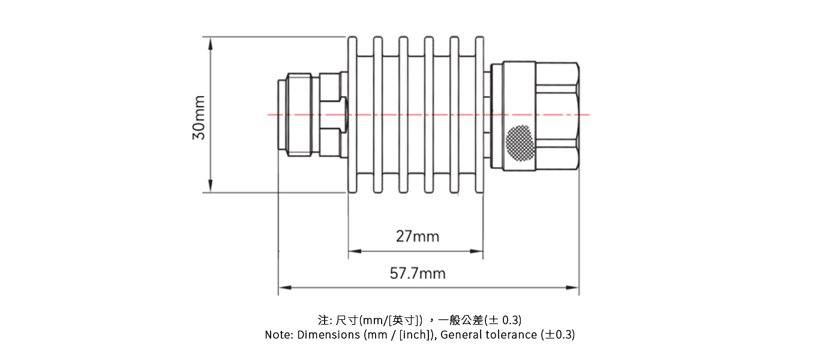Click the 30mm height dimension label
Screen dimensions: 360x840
point(199,118)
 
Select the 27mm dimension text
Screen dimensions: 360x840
point(417,236)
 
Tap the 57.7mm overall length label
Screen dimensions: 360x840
point(418,274)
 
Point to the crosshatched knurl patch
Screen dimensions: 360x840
point(519,143)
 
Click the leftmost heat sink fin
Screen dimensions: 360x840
point(352,115)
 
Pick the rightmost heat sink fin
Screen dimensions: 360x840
point(479,115)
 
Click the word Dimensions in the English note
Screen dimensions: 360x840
point(329,335)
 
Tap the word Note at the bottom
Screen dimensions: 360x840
point(278,335)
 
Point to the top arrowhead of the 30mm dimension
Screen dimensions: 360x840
point(210,42)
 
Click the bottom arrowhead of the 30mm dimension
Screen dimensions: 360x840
point(210,187)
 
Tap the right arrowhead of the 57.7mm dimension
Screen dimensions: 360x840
point(574,287)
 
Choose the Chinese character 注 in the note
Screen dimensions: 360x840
point(323,319)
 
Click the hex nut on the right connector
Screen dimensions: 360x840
point(557,115)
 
